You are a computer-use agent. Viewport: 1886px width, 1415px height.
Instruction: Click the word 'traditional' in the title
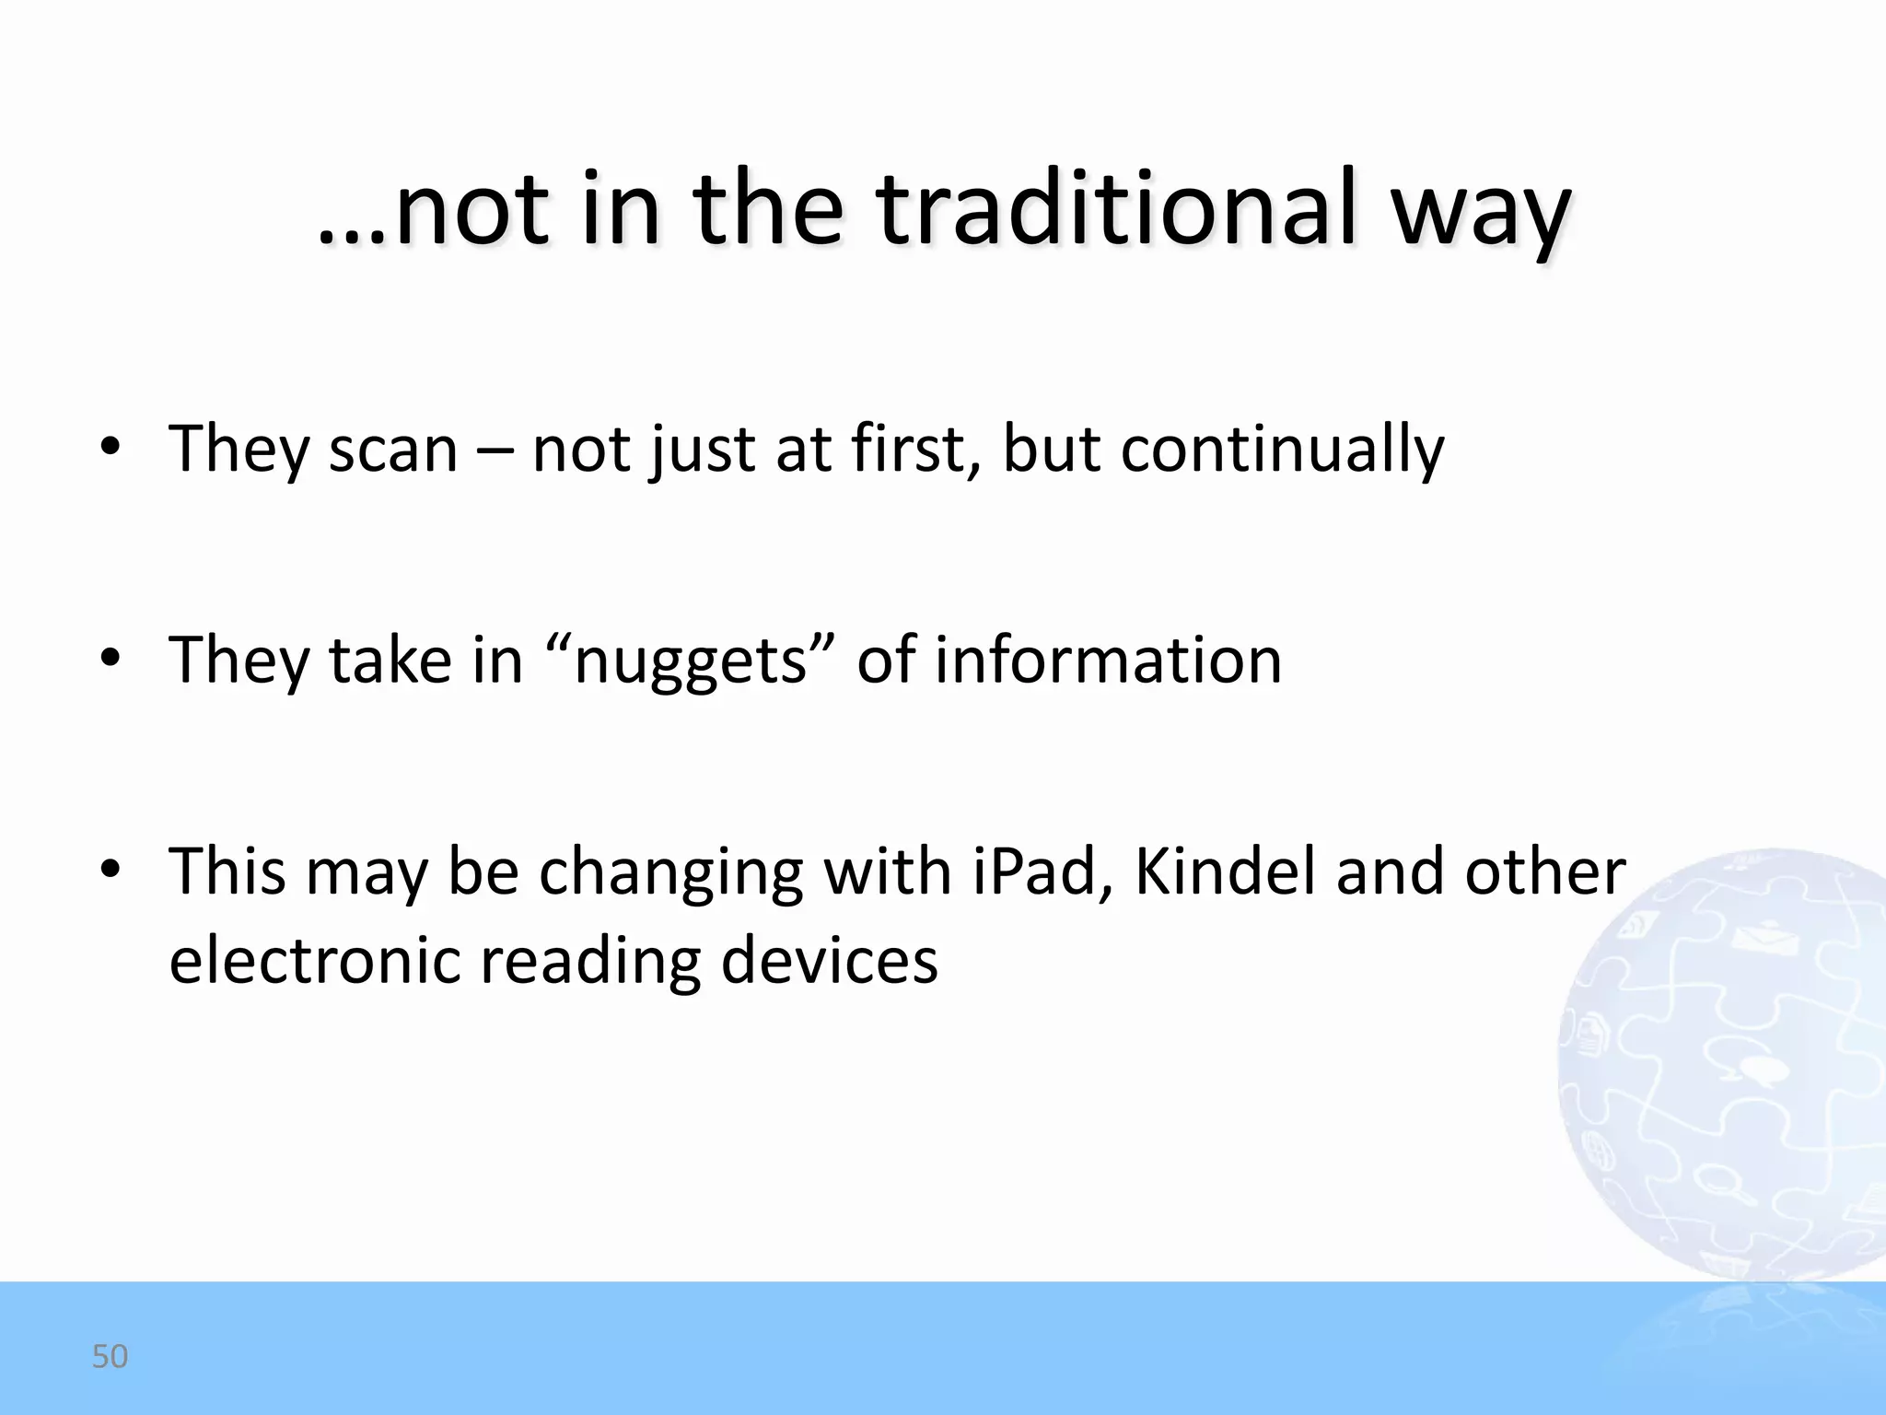point(1116,210)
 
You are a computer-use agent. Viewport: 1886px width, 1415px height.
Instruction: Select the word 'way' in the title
point(1480,216)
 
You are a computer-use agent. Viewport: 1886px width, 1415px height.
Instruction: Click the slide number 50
point(110,1356)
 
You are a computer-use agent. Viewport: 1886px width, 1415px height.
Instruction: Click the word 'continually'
point(1282,450)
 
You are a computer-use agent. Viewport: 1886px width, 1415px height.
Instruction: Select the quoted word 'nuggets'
point(690,661)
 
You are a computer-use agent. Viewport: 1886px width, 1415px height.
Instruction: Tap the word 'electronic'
point(315,960)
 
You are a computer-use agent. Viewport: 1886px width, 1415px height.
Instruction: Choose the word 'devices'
point(829,960)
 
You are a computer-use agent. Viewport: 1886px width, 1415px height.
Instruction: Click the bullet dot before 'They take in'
point(111,659)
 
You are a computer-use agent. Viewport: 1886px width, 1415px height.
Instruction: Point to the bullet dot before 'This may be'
point(111,871)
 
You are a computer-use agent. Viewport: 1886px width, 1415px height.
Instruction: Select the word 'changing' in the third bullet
point(670,873)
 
